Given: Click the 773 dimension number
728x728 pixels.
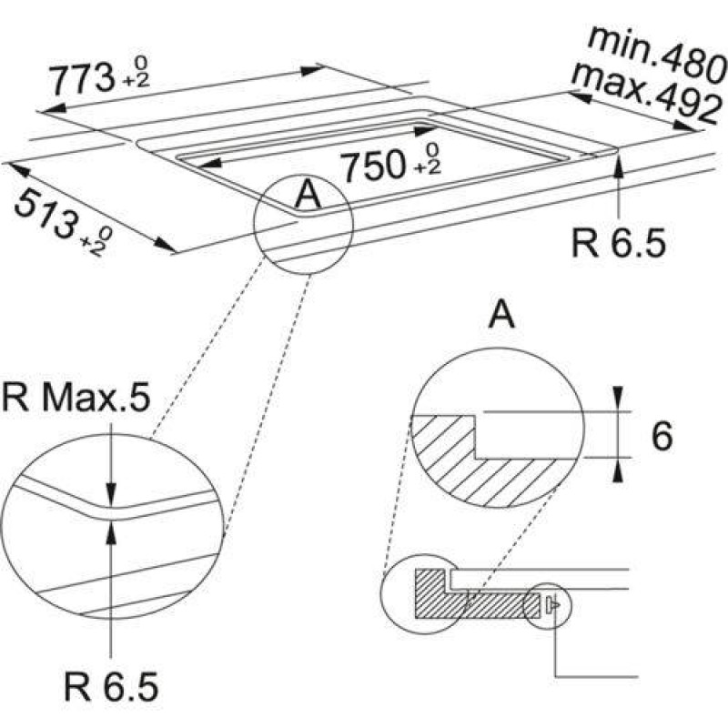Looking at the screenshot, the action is (82, 79).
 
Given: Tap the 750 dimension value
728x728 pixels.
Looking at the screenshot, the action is (373, 167).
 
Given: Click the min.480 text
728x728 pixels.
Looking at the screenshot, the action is (656, 54).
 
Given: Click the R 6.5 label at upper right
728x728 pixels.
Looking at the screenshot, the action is (618, 243).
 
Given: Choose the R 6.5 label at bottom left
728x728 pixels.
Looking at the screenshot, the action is (111, 686).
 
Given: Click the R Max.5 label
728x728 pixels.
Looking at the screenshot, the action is (76, 398).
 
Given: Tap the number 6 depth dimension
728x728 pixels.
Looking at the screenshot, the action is (662, 436).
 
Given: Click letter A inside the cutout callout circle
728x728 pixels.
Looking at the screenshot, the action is (308, 195).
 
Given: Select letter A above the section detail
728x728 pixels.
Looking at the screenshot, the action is (502, 314).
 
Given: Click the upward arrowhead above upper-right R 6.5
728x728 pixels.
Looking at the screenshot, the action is (619, 166).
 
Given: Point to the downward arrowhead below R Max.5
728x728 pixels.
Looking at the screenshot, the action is (111, 492).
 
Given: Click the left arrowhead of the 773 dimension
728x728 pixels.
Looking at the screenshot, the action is (51, 109).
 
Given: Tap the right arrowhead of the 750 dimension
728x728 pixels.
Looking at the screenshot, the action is (426, 131).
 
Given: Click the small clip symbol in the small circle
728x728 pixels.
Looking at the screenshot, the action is (552, 604).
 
